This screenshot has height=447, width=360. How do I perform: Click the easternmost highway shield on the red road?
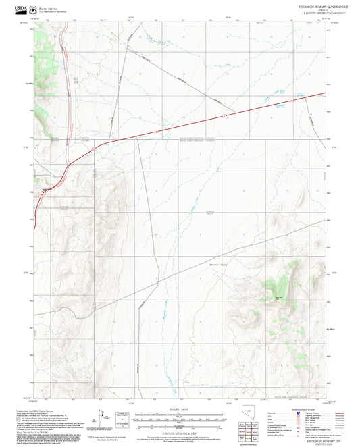pos(291,101)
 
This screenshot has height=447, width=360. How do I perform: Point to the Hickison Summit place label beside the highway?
pos(47,190)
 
